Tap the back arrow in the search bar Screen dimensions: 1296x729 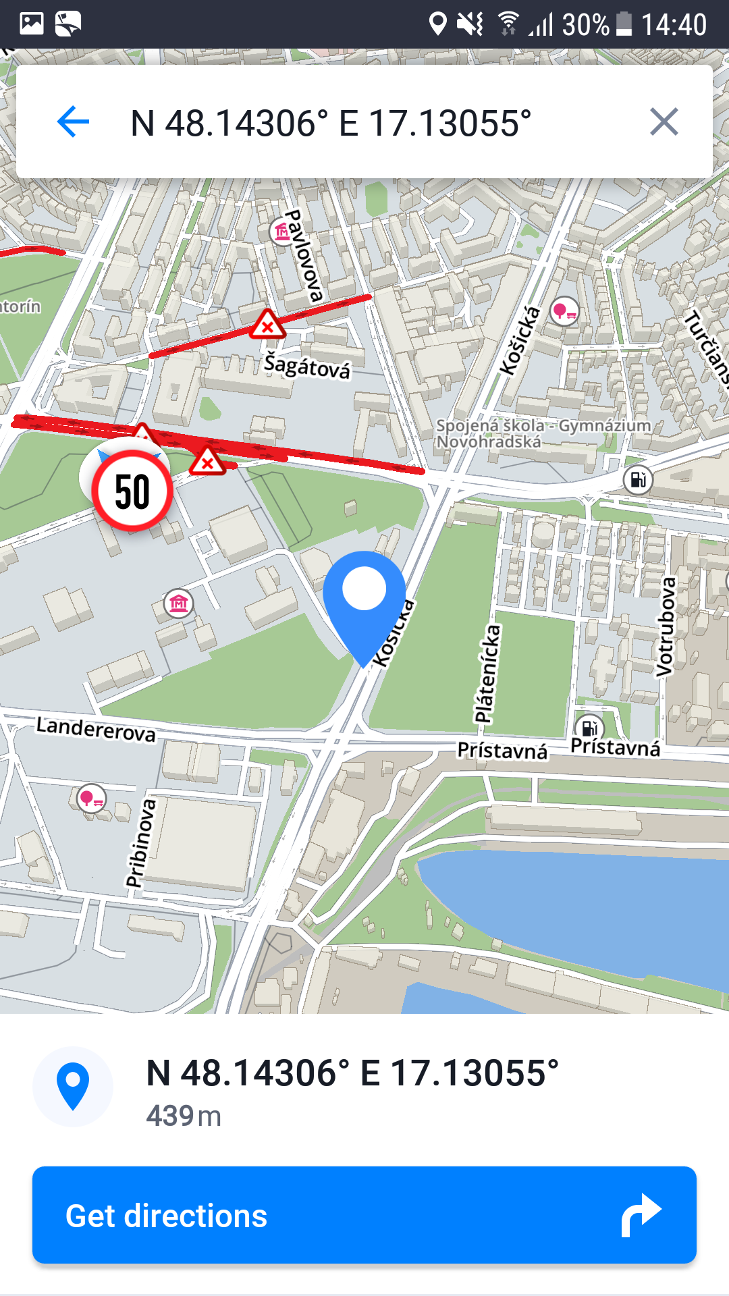point(73,122)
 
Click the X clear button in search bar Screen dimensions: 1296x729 point(664,122)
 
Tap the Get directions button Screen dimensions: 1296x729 point(364,1215)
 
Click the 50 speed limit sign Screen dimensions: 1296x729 point(132,491)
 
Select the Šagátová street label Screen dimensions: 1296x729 point(307,366)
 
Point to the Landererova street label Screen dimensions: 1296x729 point(96,729)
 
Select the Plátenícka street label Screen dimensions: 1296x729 point(487,674)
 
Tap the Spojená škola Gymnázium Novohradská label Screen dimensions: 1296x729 point(543,433)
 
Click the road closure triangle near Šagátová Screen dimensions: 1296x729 point(267,325)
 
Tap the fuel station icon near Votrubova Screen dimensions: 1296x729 point(638,480)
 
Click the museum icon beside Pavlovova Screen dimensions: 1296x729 point(282,232)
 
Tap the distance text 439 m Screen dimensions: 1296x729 point(184,1116)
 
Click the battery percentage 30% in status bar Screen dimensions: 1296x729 point(585,25)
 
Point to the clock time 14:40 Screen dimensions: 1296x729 point(673,25)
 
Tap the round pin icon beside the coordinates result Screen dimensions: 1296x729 point(73,1086)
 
